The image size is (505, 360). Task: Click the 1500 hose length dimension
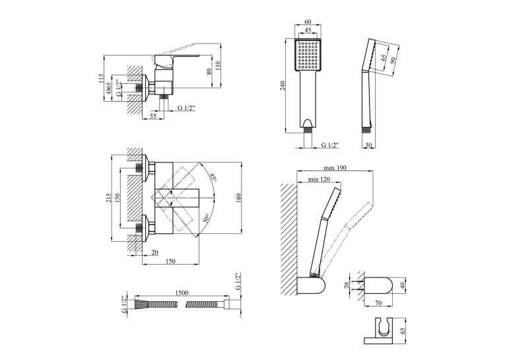[x=182, y=293]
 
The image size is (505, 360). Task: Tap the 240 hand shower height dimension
[x=283, y=85]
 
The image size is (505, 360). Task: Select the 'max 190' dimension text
[x=335, y=168]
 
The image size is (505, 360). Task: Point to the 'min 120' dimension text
[x=319, y=180]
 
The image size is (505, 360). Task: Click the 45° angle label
[x=213, y=178]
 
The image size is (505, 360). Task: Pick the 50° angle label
[x=206, y=219]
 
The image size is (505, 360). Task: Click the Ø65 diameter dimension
[x=108, y=88]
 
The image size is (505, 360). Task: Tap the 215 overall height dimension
[x=108, y=198]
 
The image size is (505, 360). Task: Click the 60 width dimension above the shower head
[x=308, y=22]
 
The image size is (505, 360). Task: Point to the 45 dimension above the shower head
[x=308, y=30]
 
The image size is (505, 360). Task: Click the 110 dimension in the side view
[x=217, y=66]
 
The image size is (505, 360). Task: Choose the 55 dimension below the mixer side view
[x=153, y=116]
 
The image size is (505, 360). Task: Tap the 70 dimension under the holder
[x=378, y=303]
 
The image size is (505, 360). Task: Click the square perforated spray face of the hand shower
[x=308, y=54]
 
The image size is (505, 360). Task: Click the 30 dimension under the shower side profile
[x=369, y=145]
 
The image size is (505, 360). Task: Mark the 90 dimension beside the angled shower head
[x=393, y=61]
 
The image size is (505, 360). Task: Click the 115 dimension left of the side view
[x=101, y=79]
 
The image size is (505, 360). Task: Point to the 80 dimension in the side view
[x=209, y=71]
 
